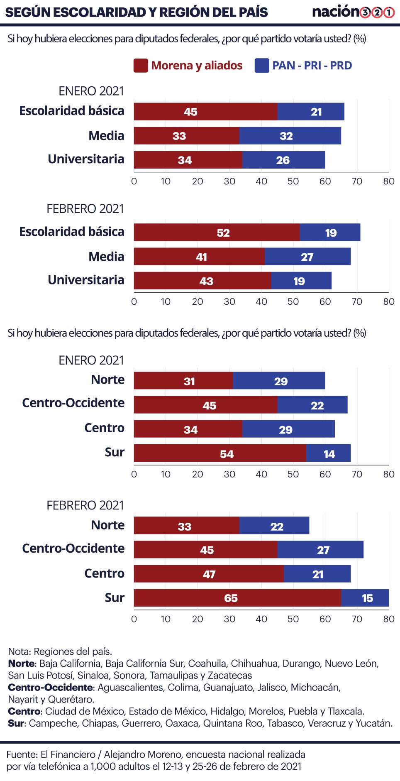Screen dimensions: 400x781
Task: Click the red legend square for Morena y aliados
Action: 141,66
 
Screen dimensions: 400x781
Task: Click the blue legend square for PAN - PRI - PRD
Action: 262,66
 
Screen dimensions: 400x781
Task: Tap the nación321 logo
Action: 354,12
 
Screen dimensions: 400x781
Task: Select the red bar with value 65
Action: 237,598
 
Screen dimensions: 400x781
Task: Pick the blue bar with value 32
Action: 290,136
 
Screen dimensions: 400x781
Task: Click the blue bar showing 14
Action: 328,453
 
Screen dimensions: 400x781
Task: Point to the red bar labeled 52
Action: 217,232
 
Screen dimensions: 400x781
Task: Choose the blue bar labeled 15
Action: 365,598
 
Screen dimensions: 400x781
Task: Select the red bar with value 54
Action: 220,453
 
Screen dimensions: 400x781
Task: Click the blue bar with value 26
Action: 284,160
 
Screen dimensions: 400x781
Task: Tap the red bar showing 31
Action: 183,380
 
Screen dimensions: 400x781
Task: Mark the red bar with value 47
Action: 209,574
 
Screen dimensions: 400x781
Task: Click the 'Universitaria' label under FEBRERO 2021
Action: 86,280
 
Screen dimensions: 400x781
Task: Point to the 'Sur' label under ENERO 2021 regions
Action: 115,452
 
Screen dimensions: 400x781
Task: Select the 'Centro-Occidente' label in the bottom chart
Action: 73,548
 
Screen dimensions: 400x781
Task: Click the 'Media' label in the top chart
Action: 106,136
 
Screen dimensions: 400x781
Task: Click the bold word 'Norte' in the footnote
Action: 22,663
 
